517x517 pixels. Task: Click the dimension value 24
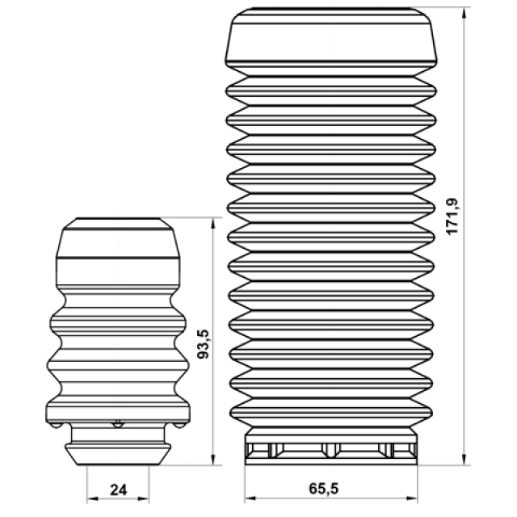coord(119,490)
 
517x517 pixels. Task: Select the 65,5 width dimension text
coord(323,488)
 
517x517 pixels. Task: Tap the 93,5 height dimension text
coord(204,344)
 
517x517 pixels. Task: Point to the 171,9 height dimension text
coord(452,216)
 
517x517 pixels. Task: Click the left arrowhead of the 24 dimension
coord(92,498)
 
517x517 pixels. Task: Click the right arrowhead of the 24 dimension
coord(144,498)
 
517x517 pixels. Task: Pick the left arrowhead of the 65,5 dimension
coord(250,498)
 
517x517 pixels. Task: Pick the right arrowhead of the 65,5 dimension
coord(412,498)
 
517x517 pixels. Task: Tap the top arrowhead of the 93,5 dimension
coord(213,223)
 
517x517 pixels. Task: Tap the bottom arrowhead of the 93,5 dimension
coord(213,460)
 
